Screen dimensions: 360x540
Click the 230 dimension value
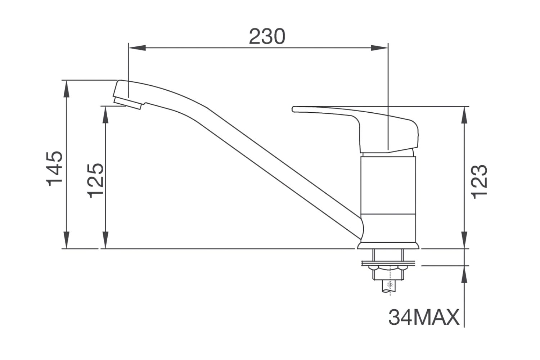(x=267, y=36)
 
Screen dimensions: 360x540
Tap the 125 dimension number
(x=96, y=180)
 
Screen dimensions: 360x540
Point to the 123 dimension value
(x=479, y=181)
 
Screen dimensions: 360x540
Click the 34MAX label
(x=424, y=317)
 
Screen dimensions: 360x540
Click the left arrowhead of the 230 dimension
(x=137, y=48)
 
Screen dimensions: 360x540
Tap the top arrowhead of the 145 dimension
(x=66, y=89)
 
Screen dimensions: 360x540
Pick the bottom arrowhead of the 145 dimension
(x=66, y=240)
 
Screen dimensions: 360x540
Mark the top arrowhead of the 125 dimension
(x=105, y=114)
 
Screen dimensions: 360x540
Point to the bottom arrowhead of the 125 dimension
(x=105, y=240)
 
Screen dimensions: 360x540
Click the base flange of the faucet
(x=389, y=246)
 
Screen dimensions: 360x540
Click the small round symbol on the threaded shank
(x=388, y=285)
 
